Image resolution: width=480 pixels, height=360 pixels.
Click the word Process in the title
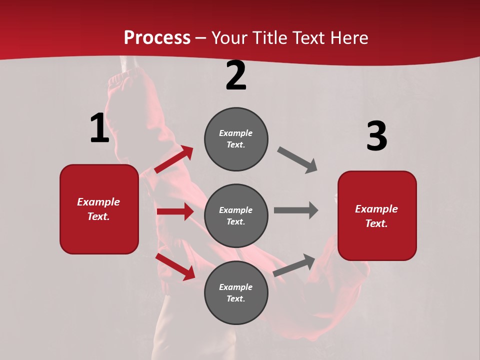click(x=157, y=38)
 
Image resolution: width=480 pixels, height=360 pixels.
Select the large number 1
click(x=99, y=128)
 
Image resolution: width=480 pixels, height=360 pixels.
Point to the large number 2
click(x=236, y=76)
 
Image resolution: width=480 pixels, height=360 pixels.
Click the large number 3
click(x=376, y=136)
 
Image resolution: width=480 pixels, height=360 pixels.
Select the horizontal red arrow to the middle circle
click(x=175, y=211)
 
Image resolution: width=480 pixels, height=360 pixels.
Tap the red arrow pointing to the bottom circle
click(x=175, y=266)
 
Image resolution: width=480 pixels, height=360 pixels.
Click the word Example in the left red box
click(x=98, y=202)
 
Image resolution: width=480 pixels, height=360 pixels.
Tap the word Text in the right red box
click(x=376, y=223)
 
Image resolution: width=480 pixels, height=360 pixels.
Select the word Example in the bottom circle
click(x=236, y=287)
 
